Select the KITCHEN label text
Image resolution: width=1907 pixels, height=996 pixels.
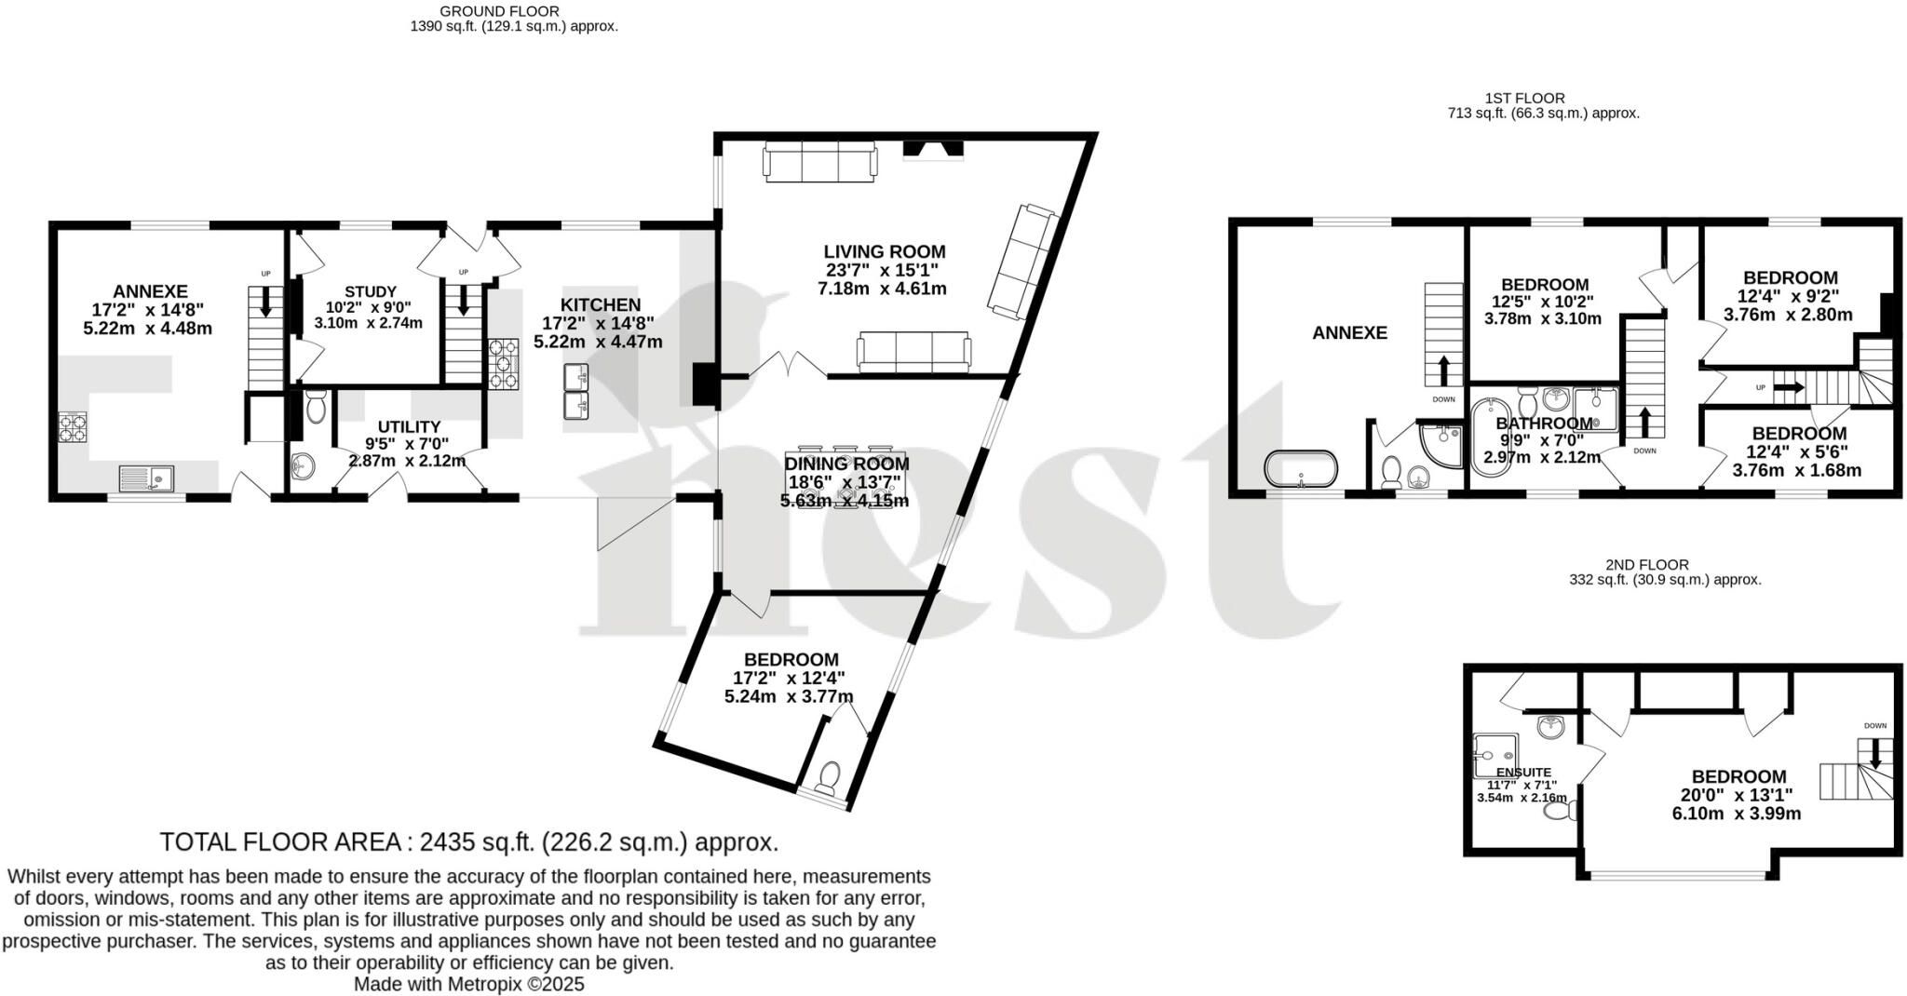601,305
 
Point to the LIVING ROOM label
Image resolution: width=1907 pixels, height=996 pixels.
884,251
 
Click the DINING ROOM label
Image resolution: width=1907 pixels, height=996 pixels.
846,464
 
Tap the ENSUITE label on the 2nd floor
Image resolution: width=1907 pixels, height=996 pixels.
1524,772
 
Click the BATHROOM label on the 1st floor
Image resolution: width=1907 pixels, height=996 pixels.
1544,424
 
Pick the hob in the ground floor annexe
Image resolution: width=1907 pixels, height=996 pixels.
73,426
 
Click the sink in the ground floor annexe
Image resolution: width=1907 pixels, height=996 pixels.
146,478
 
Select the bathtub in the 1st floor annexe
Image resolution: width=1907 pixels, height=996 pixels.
1301,468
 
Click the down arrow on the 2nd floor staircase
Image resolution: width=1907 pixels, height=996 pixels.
1875,752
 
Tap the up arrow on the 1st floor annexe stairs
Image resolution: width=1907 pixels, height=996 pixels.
1444,370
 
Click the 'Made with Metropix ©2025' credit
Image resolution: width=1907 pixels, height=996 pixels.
469,984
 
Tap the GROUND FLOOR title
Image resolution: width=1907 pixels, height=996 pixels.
499,11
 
